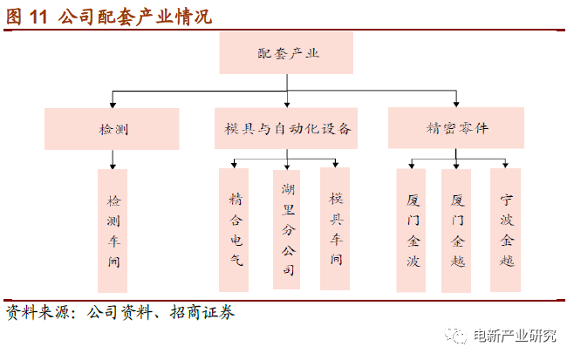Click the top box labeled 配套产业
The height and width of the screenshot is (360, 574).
286,53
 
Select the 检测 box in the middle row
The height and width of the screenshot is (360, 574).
112,129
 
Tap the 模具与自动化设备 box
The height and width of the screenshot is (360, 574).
286,128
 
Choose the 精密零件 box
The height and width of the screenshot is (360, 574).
456,128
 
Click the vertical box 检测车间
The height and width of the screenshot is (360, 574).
113,231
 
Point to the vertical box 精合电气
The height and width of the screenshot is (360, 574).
234,230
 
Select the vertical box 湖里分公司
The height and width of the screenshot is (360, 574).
287,230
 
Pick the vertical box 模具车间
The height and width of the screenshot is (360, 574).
335,229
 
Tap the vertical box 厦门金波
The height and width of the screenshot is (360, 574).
411,230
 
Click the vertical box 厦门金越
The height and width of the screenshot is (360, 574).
456,231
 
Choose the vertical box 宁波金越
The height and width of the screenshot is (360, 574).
506,230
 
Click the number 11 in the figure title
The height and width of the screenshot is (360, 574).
38,17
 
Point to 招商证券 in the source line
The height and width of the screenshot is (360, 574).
202,312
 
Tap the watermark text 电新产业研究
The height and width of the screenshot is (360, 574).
515,336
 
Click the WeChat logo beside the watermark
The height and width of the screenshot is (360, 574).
456,335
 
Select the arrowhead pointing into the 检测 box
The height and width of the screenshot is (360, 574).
113,105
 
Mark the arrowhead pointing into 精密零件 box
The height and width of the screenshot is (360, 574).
456,105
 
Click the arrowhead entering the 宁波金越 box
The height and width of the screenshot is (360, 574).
505,166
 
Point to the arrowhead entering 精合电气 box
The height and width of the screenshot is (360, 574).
235,166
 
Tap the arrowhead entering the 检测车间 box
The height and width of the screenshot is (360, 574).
113,166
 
